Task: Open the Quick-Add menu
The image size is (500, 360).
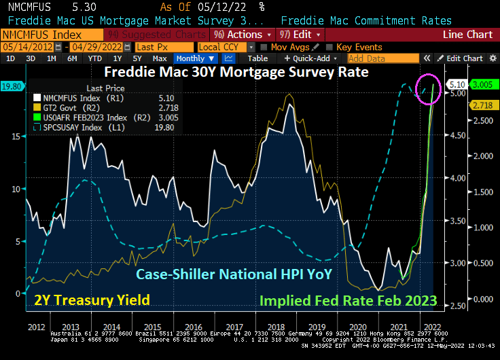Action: point(311,58)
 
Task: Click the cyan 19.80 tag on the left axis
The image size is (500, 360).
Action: point(12,86)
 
